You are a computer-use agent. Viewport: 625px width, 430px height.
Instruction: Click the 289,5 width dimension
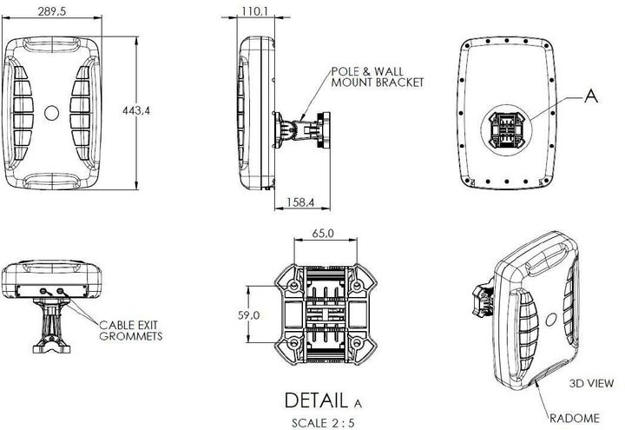(52, 11)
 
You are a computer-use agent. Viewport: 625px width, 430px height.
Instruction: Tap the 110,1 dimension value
(254, 11)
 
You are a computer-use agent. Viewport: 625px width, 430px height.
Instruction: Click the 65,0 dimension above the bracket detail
(322, 234)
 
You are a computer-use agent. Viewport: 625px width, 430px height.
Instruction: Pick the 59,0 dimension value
(250, 314)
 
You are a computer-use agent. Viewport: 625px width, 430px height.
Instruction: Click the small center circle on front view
(51, 112)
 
